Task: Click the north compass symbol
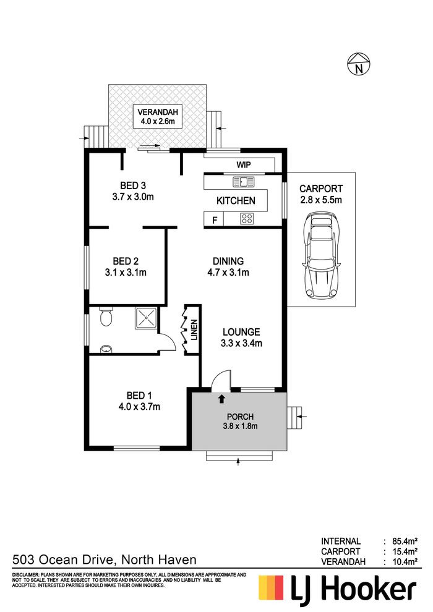pyautogui.click(x=358, y=64)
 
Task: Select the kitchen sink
pyautogui.click(x=243, y=182)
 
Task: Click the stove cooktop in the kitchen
pyautogui.click(x=246, y=218)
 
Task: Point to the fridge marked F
pyautogui.click(x=214, y=219)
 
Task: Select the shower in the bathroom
pyautogui.click(x=146, y=318)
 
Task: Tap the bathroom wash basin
pyautogui.click(x=106, y=349)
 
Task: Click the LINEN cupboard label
pyautogui.click(x=194, y=330)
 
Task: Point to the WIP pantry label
pyautogui.click(x=244, y=164)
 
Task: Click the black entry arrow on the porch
pyautogui.click(x=222, y=398)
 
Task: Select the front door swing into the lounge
pyautogui.click(x=221, y=380)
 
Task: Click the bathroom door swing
pyautogui.click(x=168, y=342)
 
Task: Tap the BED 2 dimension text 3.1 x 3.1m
pyautogui.click(x=126, y=273)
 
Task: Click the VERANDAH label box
pyautogui.click(x=157, y=117)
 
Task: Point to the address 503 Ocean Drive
pyautogui.click(x=63, y=560)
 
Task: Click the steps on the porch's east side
pyautogui.click(x=295, y=417)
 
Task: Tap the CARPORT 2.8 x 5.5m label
pyautogui.click(x=321, y=194)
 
